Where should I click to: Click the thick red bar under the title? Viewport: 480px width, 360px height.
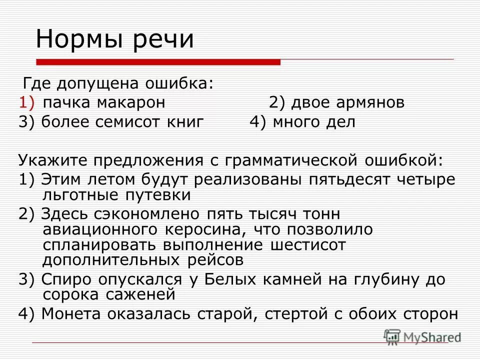tap(158, 62)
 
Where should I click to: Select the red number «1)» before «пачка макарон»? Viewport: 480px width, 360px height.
tap(26, 102)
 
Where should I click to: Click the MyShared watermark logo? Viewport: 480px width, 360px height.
tap(422, 336)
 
